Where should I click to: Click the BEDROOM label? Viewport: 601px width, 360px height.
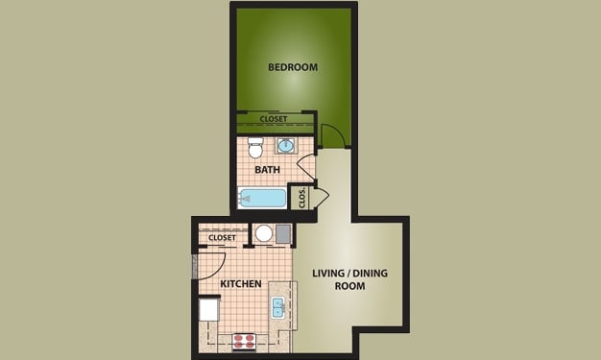tap(293, 67)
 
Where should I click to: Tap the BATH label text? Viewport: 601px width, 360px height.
tap(267, 170)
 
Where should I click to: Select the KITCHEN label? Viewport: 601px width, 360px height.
tap(243, 285)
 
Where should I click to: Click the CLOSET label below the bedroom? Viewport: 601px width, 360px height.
tap(274, 119)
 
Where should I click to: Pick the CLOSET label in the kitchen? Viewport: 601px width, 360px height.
tap(222, 237)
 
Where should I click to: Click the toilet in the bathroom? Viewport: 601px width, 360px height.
tap(254, 148)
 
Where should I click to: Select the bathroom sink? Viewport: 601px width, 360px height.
tap(286, 146)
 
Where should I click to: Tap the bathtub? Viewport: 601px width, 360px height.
tap(263, 199)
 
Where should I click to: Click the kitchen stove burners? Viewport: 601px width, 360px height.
tap(244, 339)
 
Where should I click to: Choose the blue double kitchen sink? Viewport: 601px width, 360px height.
tap(277, 307)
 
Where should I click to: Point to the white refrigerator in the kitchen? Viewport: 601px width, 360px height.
tap(209, 311)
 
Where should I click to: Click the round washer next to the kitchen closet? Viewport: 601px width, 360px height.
tap(264, 233)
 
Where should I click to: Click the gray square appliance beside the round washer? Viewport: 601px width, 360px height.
tap(283, 233)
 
